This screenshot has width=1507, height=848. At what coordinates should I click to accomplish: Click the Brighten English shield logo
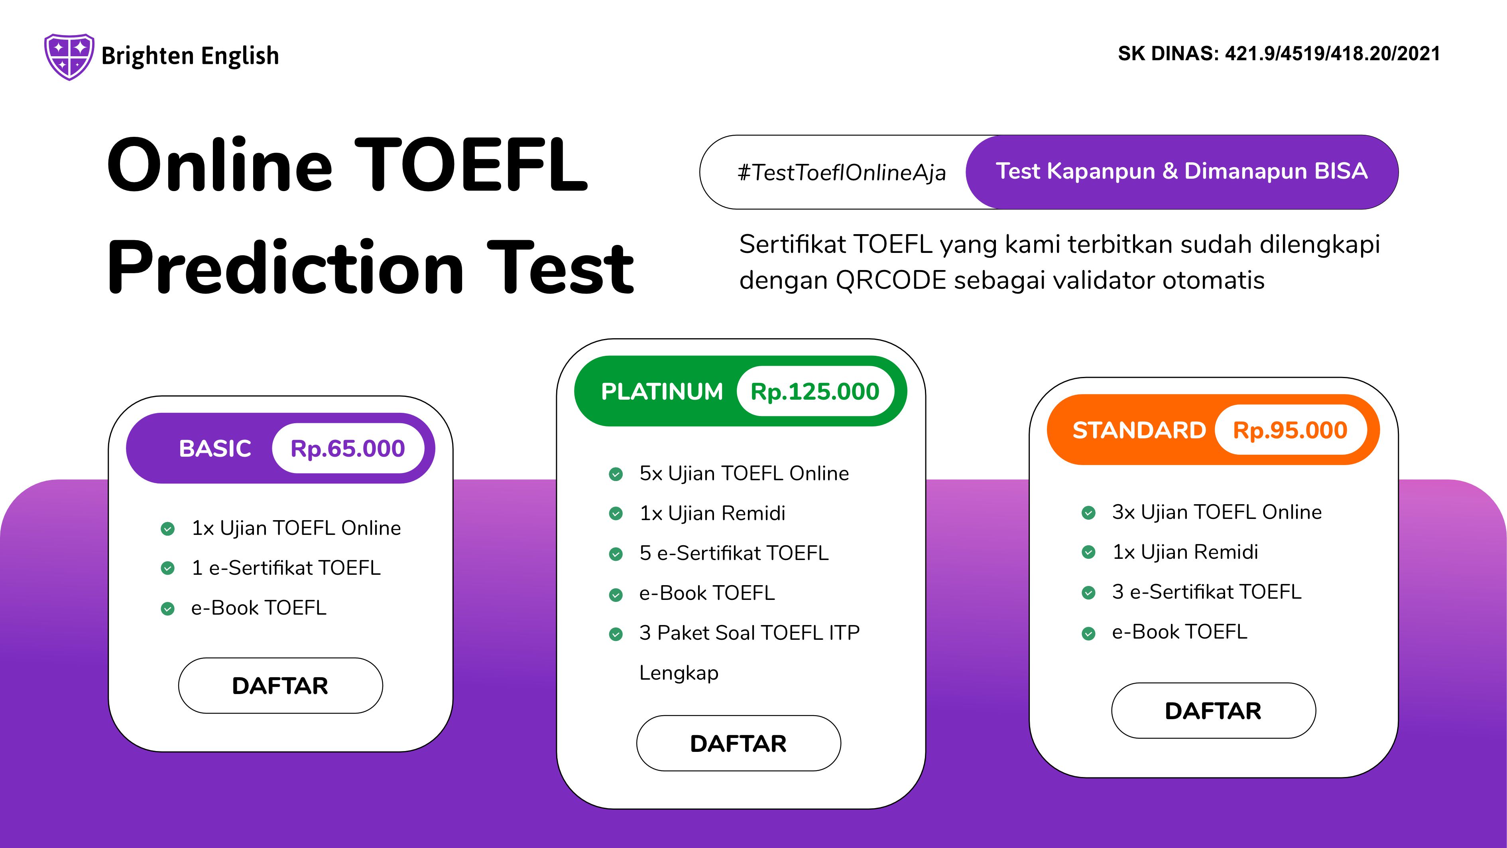(x=69, y=56)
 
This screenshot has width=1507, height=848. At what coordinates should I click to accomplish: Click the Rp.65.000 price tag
(x=348, y=449)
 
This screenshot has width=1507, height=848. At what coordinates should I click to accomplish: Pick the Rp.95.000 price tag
(x=1290, y=430)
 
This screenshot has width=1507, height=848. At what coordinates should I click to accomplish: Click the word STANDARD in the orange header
(x=1139, y=430)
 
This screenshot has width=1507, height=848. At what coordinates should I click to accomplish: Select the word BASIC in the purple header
(x=215, y=449)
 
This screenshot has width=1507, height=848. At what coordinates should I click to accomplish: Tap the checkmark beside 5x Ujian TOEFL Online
(x=616, y=474)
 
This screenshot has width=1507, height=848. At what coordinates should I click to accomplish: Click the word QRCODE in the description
(x=890, y=280)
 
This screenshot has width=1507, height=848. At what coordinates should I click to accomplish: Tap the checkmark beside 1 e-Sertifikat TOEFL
(x=167, y=568)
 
